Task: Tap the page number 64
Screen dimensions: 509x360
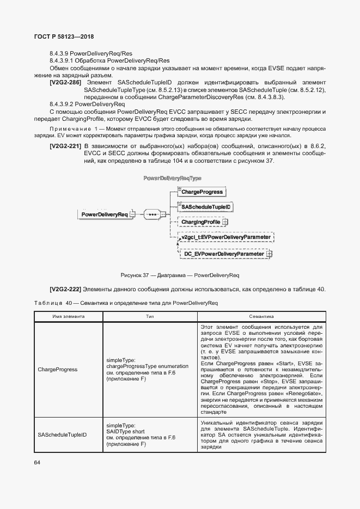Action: pos(37,462)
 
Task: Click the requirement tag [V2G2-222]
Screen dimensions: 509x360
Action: pos(65,289)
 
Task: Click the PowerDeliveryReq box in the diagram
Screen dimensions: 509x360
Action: pos(104,214)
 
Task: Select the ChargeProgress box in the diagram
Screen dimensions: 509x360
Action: pos(202,192)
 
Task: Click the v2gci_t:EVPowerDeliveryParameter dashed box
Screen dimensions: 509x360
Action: pos(225,237)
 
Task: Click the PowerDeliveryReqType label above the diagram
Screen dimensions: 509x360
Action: pos(172,179)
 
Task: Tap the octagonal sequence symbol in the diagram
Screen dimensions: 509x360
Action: pos(152,214)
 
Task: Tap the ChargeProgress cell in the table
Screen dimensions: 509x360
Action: pos(57,369)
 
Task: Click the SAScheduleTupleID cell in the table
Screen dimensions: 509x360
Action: pos(62,434)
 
